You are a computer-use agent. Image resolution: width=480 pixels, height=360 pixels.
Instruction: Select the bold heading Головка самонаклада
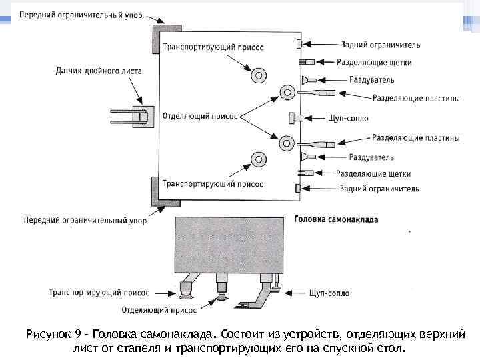(x=336, y=218)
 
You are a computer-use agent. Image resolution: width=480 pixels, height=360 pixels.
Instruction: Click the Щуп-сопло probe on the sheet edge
(x=296, y=118)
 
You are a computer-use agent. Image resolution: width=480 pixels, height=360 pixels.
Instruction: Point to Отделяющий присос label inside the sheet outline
(x=200, y=115)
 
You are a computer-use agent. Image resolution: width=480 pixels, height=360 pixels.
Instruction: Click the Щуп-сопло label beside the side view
(x=329, y=292)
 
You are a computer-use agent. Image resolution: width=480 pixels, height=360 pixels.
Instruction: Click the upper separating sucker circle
(x=288, y=91)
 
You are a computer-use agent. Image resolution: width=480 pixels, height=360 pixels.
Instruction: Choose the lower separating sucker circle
(x=288, y=141)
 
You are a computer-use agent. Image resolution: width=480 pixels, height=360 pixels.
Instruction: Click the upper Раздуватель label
(x=371, y=79)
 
